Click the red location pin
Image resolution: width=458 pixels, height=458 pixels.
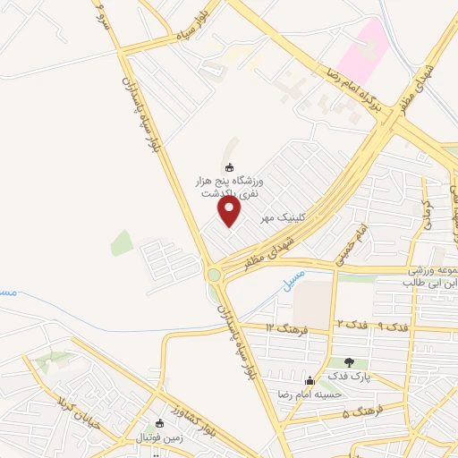(x=231, y=212)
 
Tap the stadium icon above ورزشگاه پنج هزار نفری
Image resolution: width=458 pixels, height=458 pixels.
(x=229, y=167)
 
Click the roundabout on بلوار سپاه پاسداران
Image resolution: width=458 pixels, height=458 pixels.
(x=215, y=274)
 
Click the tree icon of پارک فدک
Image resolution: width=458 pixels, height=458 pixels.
(x=350, y=362)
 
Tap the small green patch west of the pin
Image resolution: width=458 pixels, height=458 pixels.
(x=122, y=242)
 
